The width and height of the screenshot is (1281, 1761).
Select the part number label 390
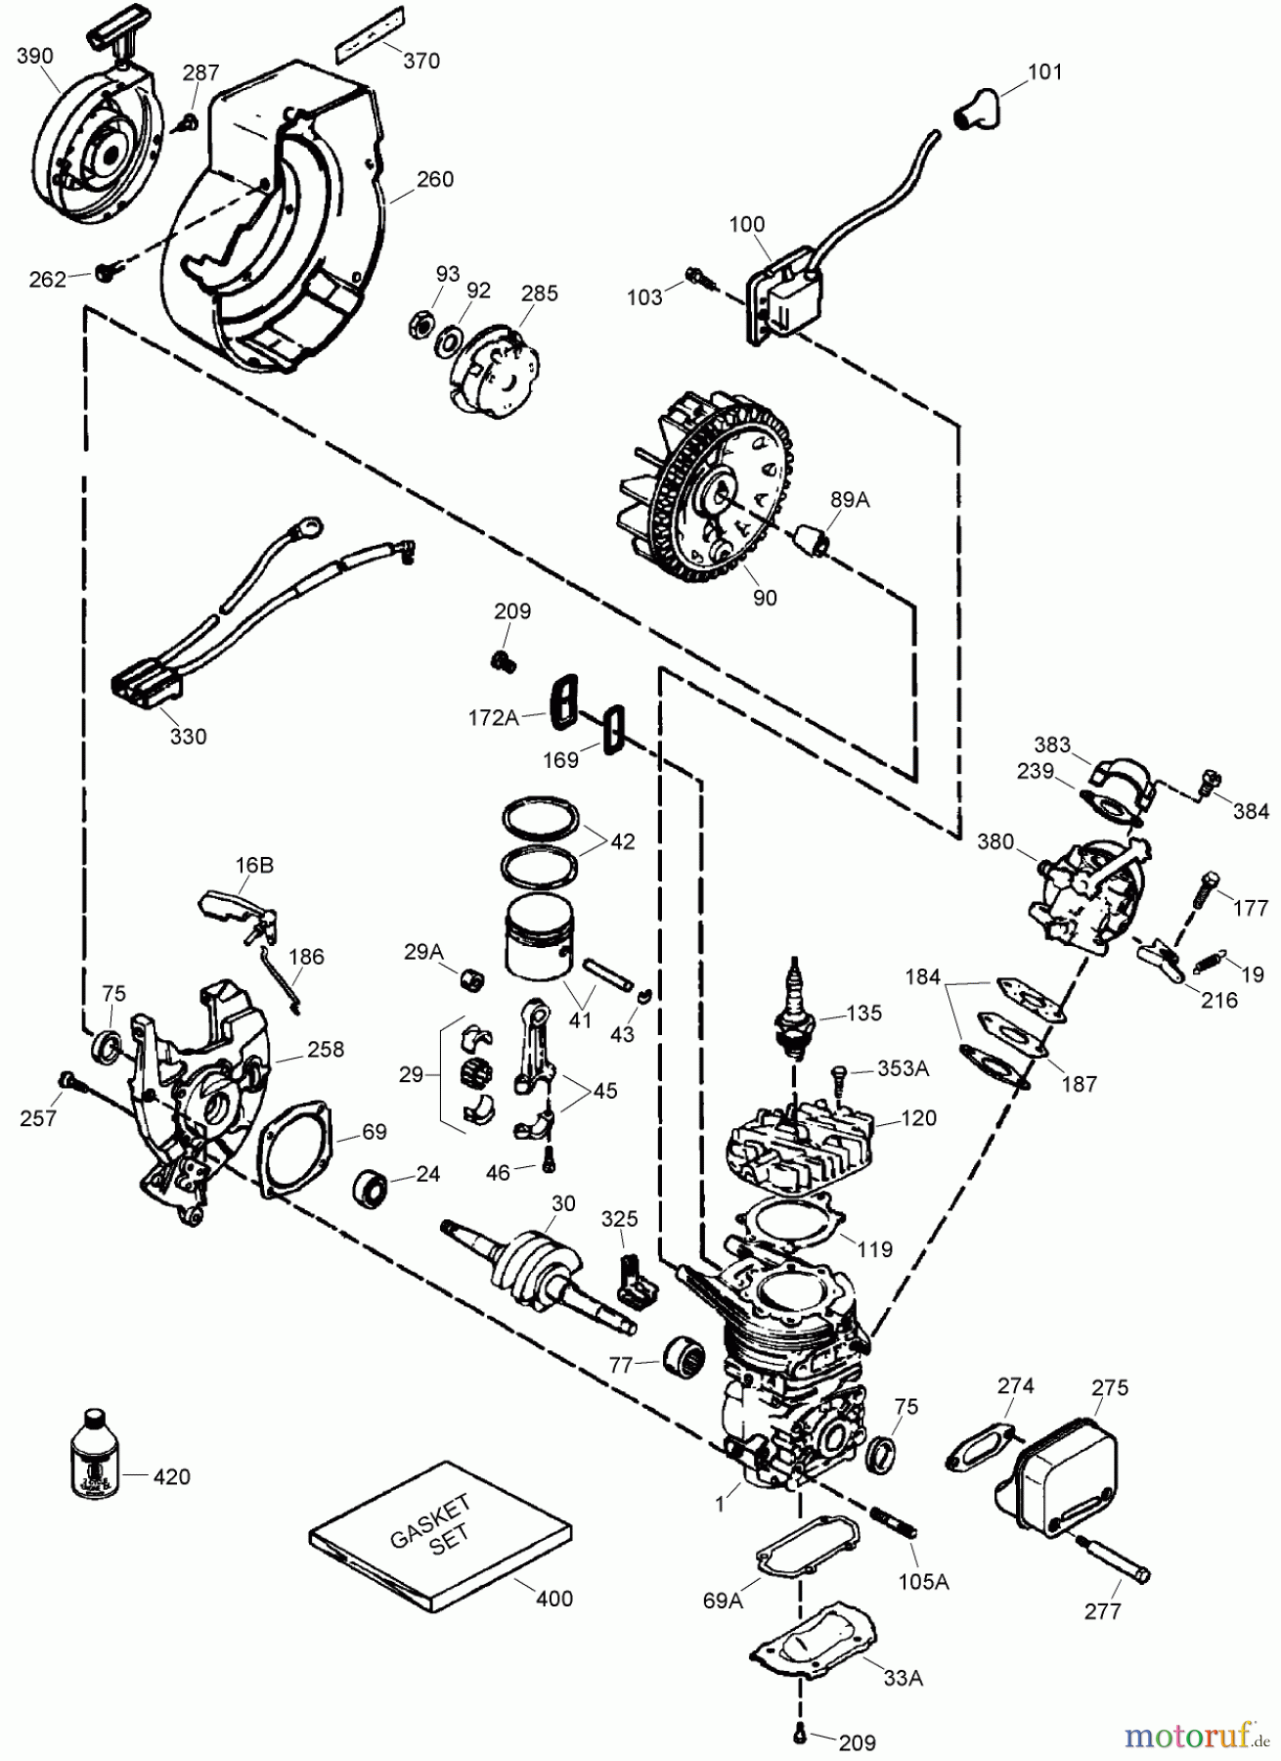click(x=34, y=56)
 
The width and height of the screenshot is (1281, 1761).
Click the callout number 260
click(x=435, y=179)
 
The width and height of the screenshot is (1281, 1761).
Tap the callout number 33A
click(x=902, y=1678)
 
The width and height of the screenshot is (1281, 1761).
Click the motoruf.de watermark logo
click(x=1198, y=1735)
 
